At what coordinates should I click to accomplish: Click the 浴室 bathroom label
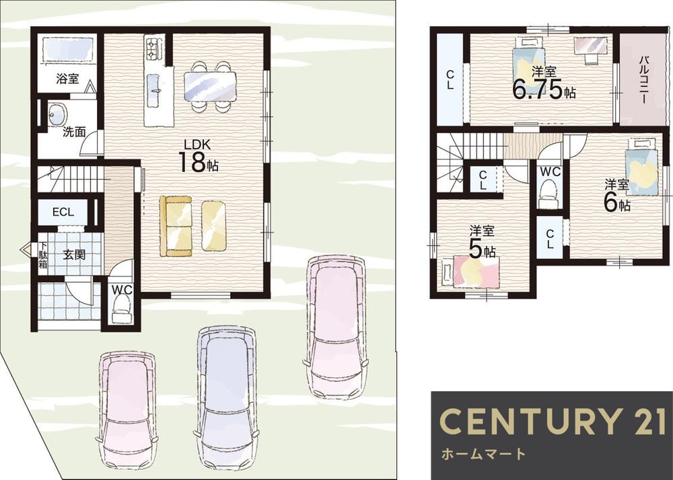(x=67, y=79)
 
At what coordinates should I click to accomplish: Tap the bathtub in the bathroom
(x=68, y=51)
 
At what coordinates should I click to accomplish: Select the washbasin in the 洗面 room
(x=57, y=114)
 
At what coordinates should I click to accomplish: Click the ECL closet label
(x=63, y=212)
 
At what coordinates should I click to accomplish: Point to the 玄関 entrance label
(x=74, y=255)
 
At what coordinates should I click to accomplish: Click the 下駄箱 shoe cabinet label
(x=43, y=255)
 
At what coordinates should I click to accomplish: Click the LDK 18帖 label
(x=198, y=156)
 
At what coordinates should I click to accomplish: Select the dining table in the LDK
(x=210, y=86)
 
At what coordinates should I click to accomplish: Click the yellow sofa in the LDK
(x=176, y=226)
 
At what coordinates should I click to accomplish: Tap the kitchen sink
(x=153, y=91)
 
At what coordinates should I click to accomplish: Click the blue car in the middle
(x=226, y=398)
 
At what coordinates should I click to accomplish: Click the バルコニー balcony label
(x=643, y=79)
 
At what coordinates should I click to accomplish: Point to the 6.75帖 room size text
(x=544, y=89)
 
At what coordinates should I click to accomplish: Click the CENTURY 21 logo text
(x=553, y=422)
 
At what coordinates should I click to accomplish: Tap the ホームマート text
(x=483, y=453)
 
